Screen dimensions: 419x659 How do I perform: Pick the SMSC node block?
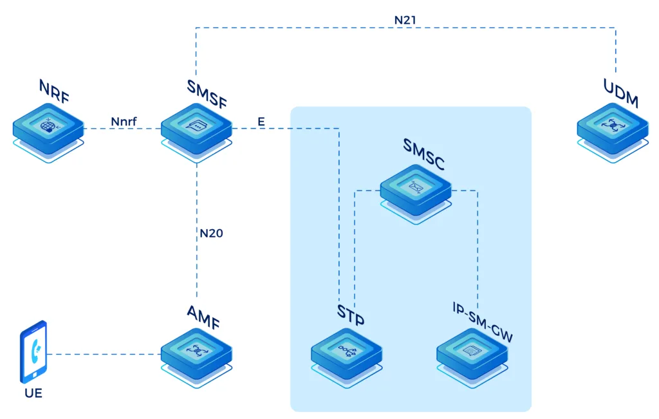point(415,189)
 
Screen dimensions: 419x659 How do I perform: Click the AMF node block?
point(196,353)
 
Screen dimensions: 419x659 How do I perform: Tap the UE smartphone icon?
point(33,352)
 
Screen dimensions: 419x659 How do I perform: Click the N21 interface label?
point(405,20)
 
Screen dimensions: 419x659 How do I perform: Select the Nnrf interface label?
point(124,120)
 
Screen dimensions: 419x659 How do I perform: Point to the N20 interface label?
point(211,234)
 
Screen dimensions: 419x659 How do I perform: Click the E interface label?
point(261,120)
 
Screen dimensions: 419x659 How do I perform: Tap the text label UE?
point(33,392)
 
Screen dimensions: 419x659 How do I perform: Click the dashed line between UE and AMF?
point(103,354)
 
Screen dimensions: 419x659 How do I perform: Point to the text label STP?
point(351,315)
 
